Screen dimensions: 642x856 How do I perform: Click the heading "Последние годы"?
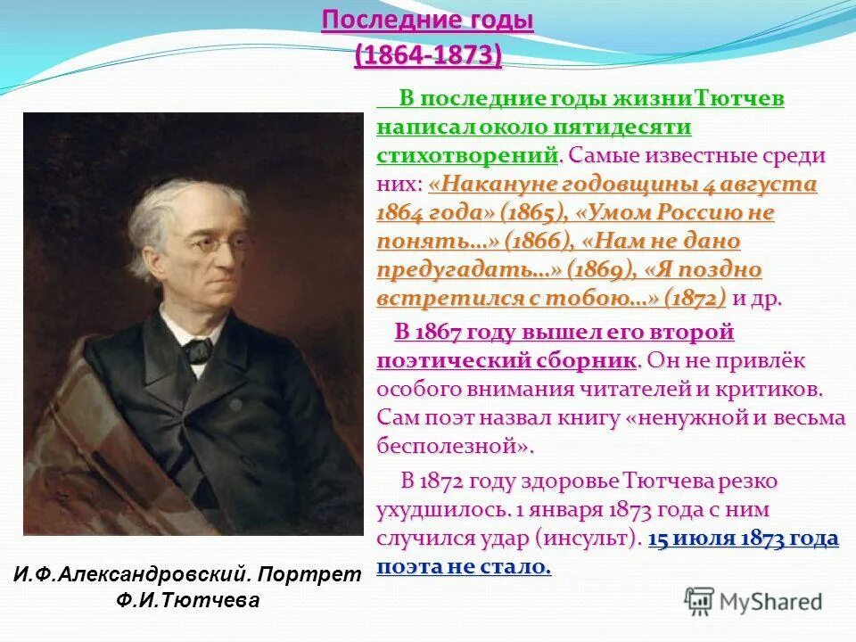tap(427, 21)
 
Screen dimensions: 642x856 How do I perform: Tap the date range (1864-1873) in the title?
tap(427, 54)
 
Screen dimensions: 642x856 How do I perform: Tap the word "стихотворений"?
tap(467, 156)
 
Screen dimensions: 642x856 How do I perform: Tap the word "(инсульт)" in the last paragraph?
tap(588, 539)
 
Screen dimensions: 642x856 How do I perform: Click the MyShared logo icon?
tap(700, 601)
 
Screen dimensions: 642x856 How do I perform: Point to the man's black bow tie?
tap(198, 345)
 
